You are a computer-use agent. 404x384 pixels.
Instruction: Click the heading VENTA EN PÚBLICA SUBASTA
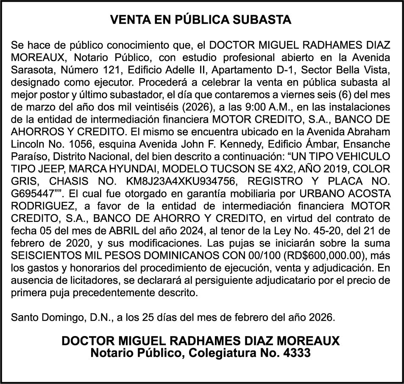click(201, 20)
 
